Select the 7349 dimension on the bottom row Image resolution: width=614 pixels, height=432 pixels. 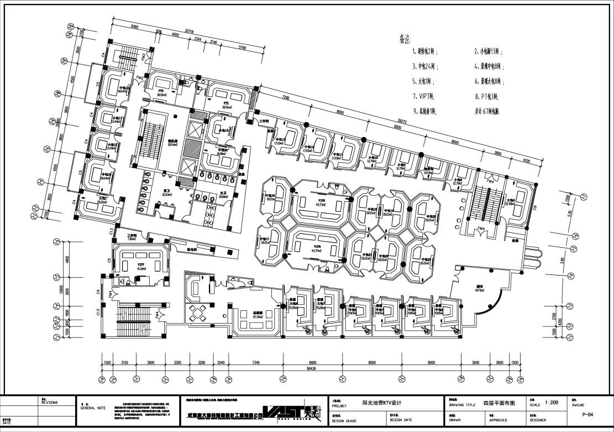tap(252, 362)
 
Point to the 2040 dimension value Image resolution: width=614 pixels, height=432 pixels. tap(221, 362)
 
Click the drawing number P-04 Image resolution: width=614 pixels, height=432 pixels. tap(592, 413)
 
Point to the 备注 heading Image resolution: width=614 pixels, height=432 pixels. tap(405, 39)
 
